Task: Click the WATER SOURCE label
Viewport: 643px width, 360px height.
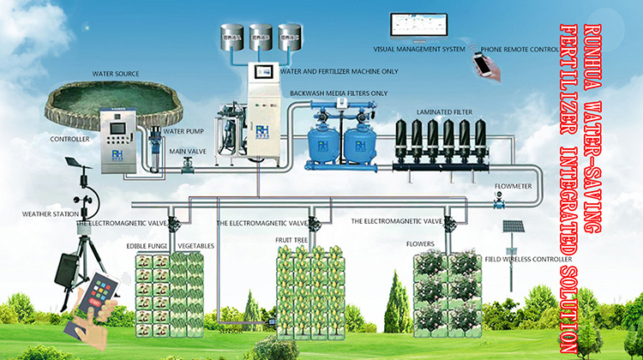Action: (116, 74)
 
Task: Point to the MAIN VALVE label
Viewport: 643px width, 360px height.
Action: (186, 152)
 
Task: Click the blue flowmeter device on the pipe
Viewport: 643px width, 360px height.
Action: (496, 201)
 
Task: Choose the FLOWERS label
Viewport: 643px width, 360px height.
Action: (420, 243)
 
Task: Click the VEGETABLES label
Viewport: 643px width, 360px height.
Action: (196, 246)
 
